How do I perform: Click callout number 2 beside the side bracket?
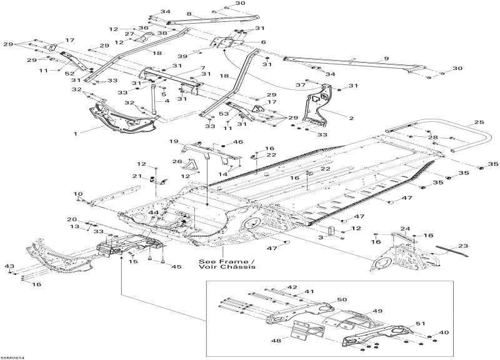[351, 117]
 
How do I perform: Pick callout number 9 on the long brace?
[386, 58]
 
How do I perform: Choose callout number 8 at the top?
[189, 14]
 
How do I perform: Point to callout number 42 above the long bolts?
[292, 287]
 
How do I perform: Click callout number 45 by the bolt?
[176, 267]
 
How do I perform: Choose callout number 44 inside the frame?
[152, 213]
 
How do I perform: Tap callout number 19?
[174, 141]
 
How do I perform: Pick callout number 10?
[78, 193]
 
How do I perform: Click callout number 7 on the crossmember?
[202, 67]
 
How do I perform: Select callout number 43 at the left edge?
[9, 267]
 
